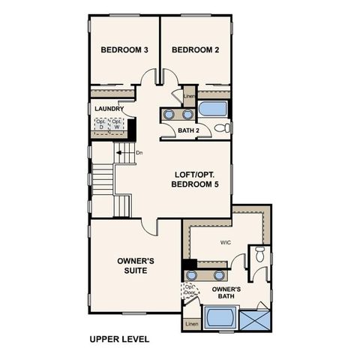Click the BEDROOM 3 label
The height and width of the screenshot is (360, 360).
point(124,50)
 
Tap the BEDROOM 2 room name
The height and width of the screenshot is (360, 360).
point(194,50)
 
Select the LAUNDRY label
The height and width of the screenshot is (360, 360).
point(109,108)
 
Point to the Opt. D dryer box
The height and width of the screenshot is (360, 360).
point(101,124)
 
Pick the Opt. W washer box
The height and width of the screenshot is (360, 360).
point(117,124)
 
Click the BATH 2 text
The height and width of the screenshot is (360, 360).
point(188,130)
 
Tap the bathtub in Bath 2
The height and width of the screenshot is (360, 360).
point(214,109)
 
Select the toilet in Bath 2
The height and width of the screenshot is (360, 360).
point(222,128)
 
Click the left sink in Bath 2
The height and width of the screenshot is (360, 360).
point(169,115)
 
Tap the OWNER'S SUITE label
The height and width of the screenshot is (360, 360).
point(136,265)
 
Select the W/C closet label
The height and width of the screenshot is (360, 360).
point(225,242)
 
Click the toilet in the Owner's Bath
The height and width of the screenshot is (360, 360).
point(259,255)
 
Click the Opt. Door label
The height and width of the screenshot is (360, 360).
point(190,289)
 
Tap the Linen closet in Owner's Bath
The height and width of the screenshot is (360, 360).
point(193,324)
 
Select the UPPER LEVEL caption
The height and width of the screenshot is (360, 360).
point(119,339)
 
